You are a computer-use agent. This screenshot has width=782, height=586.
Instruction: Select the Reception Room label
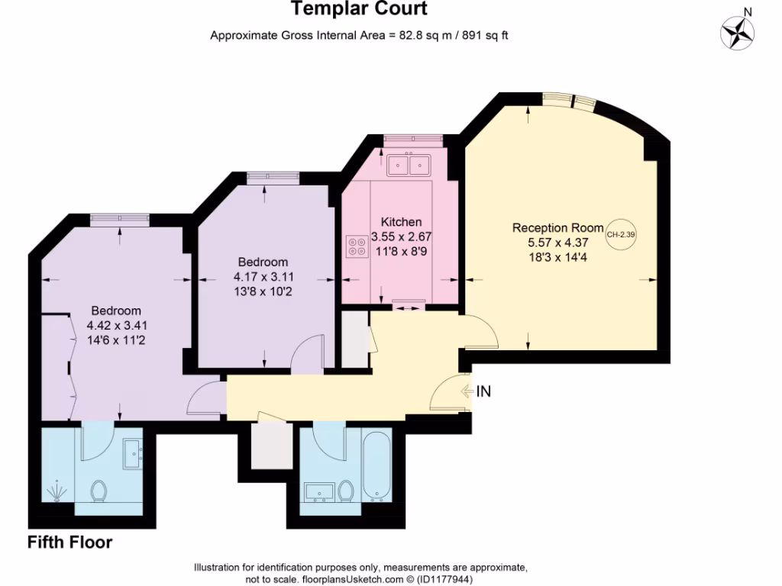pos(557,227)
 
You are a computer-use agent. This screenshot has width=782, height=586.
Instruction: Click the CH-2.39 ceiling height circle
pos(621,234)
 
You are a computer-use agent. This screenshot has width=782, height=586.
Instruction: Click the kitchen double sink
pos(409,164)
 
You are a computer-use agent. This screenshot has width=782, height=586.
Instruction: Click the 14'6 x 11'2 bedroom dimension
pos(116,340)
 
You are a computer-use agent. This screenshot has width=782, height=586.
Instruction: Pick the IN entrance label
pos(483,392)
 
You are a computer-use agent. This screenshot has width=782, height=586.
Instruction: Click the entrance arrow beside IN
pos(467,392)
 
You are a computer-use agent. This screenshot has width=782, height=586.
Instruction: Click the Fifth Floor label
pos(70,543)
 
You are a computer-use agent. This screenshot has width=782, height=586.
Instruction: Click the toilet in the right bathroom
pos(346,490)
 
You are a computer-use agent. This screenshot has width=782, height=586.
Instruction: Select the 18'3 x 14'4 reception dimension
pos(557,258)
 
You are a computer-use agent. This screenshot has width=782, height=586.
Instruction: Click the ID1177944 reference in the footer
pos(444,580)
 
